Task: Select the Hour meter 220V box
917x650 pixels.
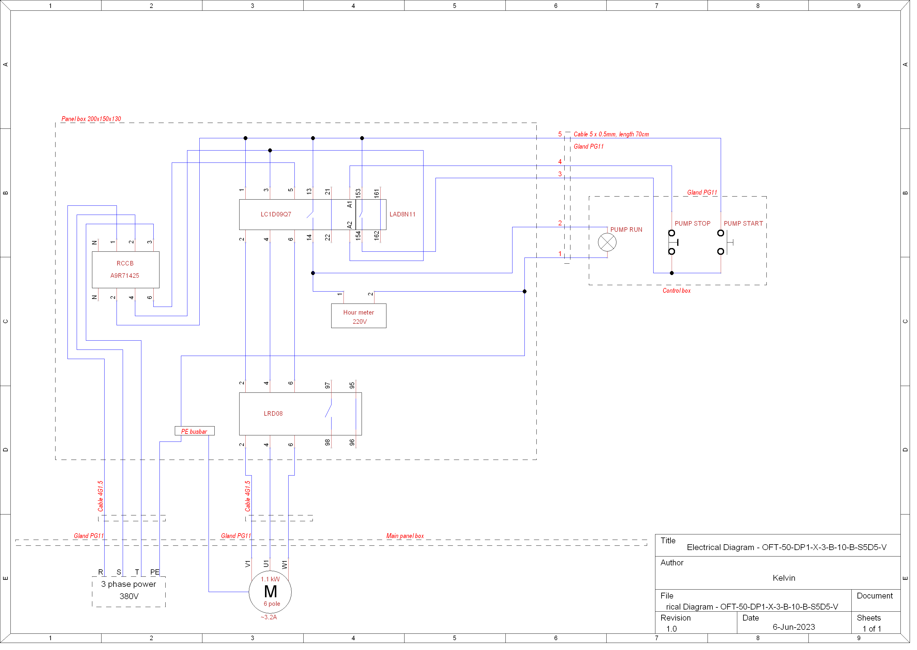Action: click(x=361, y=319)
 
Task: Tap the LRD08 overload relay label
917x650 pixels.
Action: click(x=275, y=417)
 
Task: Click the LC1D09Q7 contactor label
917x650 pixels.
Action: click(x=278, y=216)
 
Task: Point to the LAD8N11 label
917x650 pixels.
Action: click(x=405, y=216)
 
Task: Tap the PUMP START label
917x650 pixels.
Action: click(x=749, y=225)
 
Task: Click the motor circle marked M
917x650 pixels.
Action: click(x=272, y=596)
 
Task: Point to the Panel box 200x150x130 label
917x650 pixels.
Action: click(x=92, y=120)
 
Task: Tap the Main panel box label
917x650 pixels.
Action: click(x=408, y=540)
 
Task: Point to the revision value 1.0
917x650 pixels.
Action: click(x=677, y=633)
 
